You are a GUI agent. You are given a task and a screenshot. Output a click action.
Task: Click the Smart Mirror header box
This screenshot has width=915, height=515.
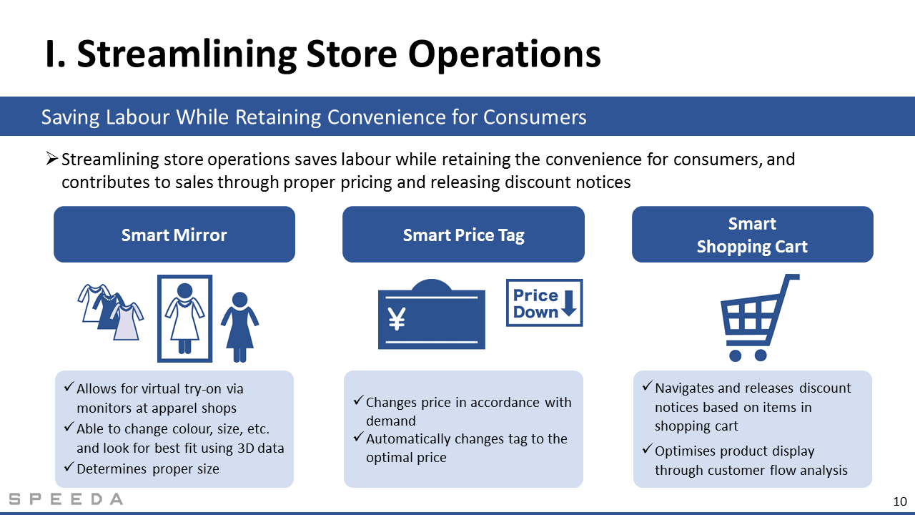[174, 234]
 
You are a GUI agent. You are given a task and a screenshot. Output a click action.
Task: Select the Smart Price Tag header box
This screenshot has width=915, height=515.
[463, 234]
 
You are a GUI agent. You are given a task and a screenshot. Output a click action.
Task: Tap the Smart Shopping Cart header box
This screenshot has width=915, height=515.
[753, 234]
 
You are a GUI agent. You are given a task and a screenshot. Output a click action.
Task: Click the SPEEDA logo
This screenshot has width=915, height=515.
[66, 499]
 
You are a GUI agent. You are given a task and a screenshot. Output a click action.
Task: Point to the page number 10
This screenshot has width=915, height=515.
[900, 501]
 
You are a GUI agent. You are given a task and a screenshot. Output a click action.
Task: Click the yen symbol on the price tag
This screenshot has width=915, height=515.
[397, 318]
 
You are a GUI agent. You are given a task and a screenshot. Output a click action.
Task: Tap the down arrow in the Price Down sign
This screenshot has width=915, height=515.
[568, 303]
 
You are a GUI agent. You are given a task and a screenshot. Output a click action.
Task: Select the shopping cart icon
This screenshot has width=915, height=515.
[759, 318]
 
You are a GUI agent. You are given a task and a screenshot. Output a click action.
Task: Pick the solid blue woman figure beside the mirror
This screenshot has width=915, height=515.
[239, 327]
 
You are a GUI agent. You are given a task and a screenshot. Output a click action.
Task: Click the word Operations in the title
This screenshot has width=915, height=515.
[505, 55]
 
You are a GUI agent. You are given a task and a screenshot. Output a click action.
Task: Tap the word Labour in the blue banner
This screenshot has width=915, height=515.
[138, 117]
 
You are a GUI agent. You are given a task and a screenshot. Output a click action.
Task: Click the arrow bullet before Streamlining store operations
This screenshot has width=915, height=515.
[52, 158]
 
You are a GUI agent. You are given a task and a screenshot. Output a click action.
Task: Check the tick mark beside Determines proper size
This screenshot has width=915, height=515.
[69, 466]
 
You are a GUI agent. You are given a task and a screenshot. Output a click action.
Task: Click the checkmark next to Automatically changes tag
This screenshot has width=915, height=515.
[358, 436]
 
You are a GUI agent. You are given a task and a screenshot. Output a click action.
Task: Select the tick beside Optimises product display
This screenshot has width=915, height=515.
[647, 448]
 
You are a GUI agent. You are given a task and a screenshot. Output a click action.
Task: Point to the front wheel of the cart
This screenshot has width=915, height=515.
[736, 355]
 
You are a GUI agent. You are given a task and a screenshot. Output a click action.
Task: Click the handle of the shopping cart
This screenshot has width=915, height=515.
[791, 277]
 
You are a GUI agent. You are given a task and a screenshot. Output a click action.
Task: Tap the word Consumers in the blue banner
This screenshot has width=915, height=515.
[535, 117]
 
